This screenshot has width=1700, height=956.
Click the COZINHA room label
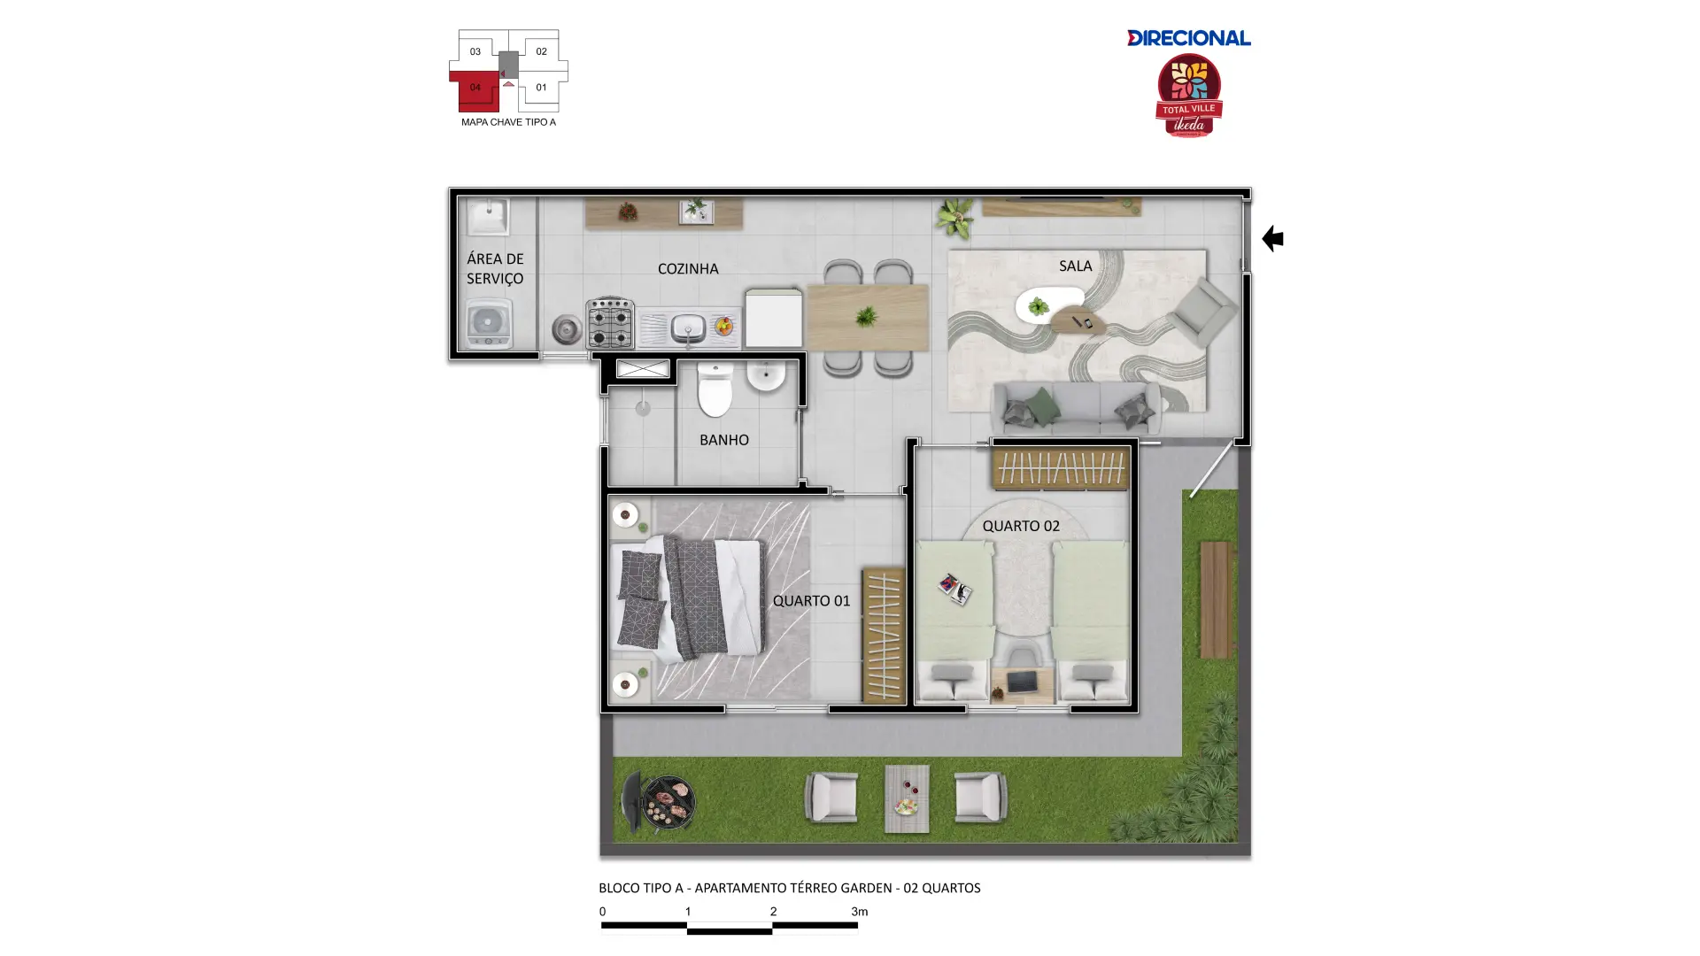coord(688,269)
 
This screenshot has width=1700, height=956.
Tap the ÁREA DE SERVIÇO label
coord(495,268)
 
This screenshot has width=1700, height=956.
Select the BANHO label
coord(724,440)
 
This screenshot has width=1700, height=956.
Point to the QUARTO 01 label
coord(811,601)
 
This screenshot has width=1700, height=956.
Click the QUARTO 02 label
coord(1021,526)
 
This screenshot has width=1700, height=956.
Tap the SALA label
coord(1076,266)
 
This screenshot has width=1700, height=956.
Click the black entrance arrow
coord(1272,238)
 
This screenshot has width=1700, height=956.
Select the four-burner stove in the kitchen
coord(610,322)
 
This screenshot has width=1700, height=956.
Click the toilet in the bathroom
coord(715,389)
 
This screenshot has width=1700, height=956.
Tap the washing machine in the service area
coord(489,324)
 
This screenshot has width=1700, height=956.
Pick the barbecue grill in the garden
coord(659,802)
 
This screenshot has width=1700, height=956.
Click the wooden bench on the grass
coord(1217,600)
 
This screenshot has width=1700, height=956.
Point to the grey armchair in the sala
coord(1202,311)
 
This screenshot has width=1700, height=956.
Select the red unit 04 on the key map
coord(475,89)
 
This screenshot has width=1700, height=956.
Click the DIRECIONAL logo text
coord(1188,38)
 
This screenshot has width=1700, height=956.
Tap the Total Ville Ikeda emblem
coord(1189,96)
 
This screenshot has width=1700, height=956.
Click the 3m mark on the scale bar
coord(859,912)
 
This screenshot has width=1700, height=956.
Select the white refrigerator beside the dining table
coord(773,317)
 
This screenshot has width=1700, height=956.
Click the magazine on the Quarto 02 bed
coord(955,589)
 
